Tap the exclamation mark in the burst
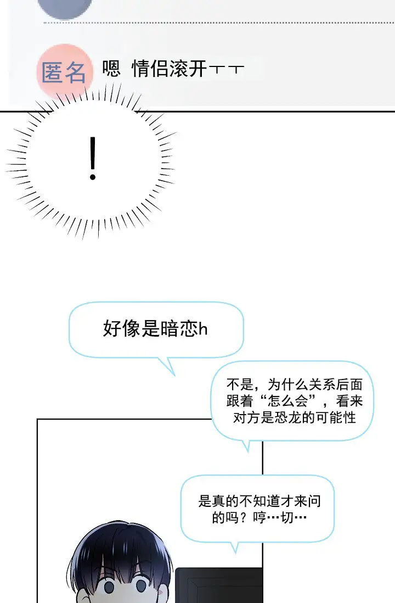coord(93,159)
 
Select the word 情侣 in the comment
coord(151,69)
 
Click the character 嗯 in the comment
coord(111,69)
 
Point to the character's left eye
coord(109,587)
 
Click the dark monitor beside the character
coord(219,585)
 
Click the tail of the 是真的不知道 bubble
coord(234,546)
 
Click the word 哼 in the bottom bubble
coord(259,518)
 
